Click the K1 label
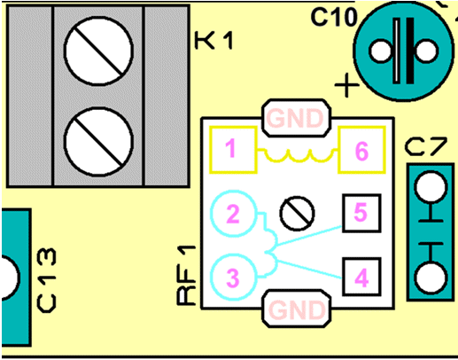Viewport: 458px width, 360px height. pyautogui.click(x=214, y=40)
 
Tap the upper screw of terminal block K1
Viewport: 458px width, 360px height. pyautogui.click(x=98, y=51)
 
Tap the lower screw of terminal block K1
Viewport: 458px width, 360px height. pyautogui.click(x=98, y=142)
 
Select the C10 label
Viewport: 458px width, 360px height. pyautogui.click(x=334, y=17)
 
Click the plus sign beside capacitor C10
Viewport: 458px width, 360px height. pyautogui.click(x=346, y=85)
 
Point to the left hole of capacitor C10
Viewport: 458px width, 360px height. pyautogui.click(x=381, y=51)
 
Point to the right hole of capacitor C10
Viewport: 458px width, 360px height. pyautogui.click(x=426, y=51)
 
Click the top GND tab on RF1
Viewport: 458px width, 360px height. pyautogui.click(x=296, y=118)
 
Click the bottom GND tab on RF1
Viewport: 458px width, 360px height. pyautogui.click(x=296, y=309)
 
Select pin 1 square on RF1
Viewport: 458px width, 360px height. pyautogui.click(x=233, y=150)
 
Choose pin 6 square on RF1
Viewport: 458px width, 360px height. pyautogui.click(x=361, y=150)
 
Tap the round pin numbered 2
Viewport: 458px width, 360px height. pyautogui.click(x=233, y=214)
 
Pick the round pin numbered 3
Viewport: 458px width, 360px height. pyautogui.click(x=233, y=277)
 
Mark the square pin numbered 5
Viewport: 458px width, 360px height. pyautogui.click(x=361, y=213)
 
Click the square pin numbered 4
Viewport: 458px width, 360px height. pyautogui.click(x=361, y=277)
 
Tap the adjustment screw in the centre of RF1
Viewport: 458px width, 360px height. pyautogui.click(x=297, y=213)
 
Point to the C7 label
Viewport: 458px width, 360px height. pyautogui.click(x=425, y=147)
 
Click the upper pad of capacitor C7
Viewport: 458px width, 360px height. pyautogui.click(x=431, y=187)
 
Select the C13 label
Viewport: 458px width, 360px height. pyautogui.click(x=46, y=280)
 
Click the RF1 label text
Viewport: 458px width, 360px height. pyautogui.click(x=187, y=275)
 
